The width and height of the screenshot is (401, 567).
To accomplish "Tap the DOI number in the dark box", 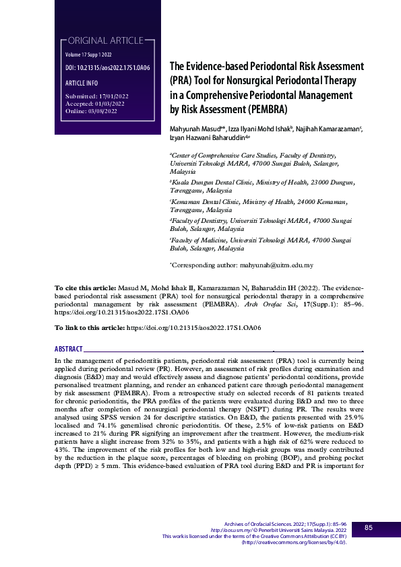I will pos(107,69).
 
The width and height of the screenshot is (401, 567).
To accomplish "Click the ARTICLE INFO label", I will pos(82,83).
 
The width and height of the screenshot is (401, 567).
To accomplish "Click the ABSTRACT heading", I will pos(68,349).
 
